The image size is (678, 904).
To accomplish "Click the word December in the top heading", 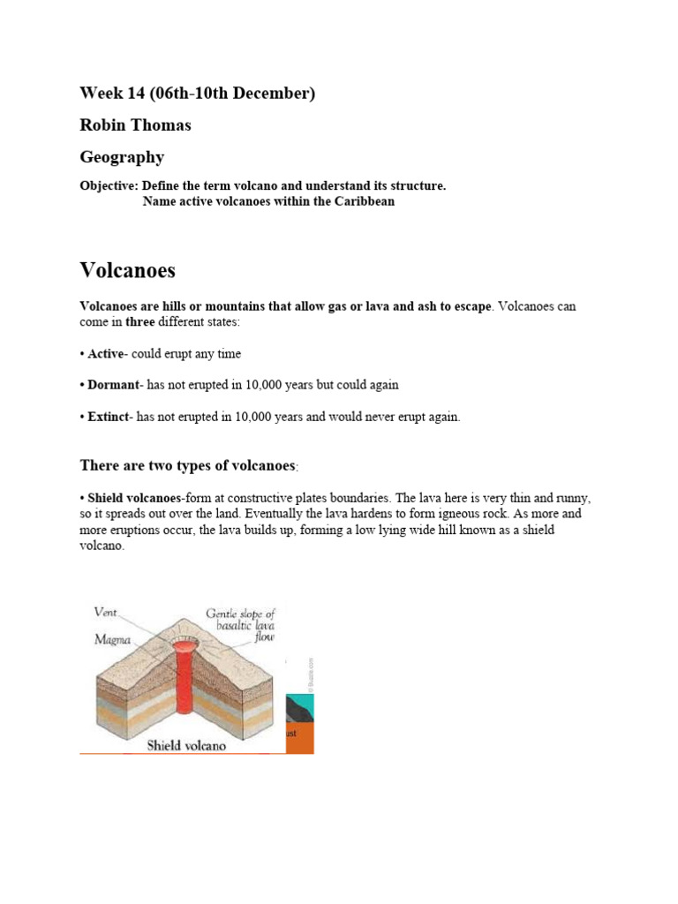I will click(276, 94).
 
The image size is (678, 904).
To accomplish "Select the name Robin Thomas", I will click(135, 125).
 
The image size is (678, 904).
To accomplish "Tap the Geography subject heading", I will click(122, 157).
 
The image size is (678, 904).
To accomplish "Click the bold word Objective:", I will click(109, 186).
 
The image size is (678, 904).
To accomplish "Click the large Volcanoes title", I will click(127, 269).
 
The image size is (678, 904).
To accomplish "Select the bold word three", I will click(139, 322).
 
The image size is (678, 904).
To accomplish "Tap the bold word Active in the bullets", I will click(105, 354).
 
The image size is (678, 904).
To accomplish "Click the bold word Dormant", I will click(113, 386).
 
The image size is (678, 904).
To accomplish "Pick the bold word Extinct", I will click(108, 418).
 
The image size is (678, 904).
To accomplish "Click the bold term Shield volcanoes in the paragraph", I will click(133, 499).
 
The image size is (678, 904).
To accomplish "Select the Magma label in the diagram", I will click(113, 642).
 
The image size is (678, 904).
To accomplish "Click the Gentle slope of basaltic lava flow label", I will click(240, 625).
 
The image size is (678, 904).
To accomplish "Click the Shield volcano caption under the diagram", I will click(185, 745).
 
